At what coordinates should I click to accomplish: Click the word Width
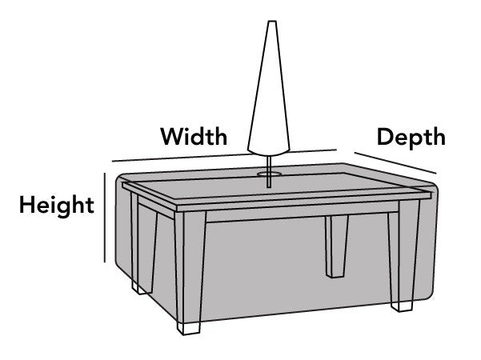pos(193,135)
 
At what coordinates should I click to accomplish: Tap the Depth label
pos(411,137)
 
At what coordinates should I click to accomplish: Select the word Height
pos(57,205)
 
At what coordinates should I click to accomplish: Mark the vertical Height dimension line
pos(106,216)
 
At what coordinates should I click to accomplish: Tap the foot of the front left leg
pos(190,327)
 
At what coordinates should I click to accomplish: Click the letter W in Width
pos(170,135)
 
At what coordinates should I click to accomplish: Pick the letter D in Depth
pos(385,137)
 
